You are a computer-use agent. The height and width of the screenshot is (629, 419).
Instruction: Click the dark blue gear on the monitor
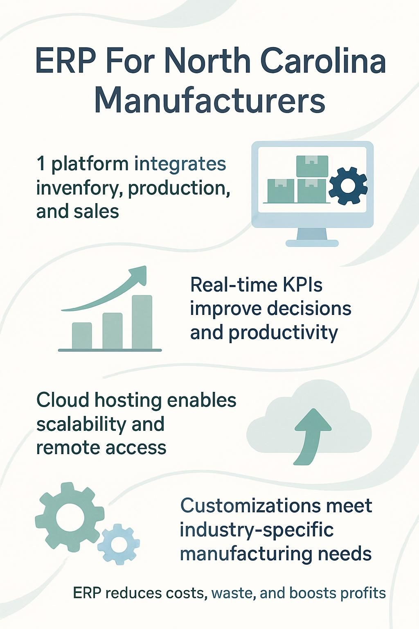coord(348,186)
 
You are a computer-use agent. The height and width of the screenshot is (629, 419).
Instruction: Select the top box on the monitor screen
coord(312,166)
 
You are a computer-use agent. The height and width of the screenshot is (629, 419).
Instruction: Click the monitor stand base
coord(312,243)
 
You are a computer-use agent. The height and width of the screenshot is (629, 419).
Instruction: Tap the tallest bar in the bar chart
coord(142,322)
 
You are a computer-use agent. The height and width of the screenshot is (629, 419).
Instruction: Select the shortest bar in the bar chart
coord(82,335)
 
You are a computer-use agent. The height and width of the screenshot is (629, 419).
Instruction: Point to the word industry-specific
coord(257,530)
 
